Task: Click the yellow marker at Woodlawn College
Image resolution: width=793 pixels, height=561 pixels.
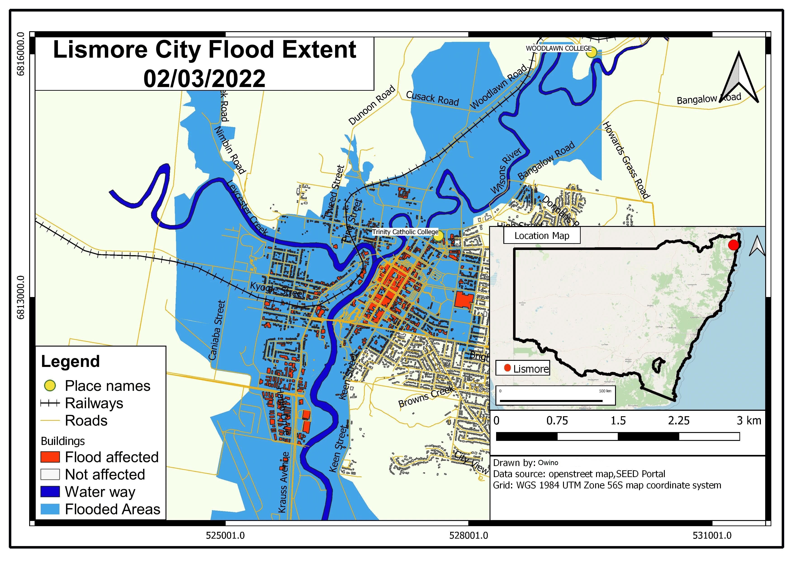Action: click(x=591, y=52)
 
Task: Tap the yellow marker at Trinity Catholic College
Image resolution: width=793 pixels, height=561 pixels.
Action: click(x=438, y=236)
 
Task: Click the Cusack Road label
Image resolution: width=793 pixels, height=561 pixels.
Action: click(x=432, y=98)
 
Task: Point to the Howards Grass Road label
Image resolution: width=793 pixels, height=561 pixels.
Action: click(x=626, y=160)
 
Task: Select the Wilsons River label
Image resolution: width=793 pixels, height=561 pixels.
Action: click(x=506, y=171)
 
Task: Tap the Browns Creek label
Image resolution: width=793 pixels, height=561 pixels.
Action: click(x=426, y=397)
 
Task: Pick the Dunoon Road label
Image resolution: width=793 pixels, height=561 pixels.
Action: click(x=372, y=105)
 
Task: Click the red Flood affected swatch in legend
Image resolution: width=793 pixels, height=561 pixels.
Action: click(x=50, y=457)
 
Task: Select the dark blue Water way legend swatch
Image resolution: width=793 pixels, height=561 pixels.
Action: click(x=50, y=492)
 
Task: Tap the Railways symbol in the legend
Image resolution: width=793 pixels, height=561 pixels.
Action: click(x=50, y=403)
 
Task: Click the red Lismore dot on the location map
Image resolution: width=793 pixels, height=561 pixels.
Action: click(x=733, y=245)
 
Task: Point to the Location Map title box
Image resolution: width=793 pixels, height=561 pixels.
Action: click(x=542, y=236)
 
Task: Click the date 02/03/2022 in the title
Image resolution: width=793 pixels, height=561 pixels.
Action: click(x=204, y=79)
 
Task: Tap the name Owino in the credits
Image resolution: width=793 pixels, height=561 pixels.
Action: click(x=548, y=463)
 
